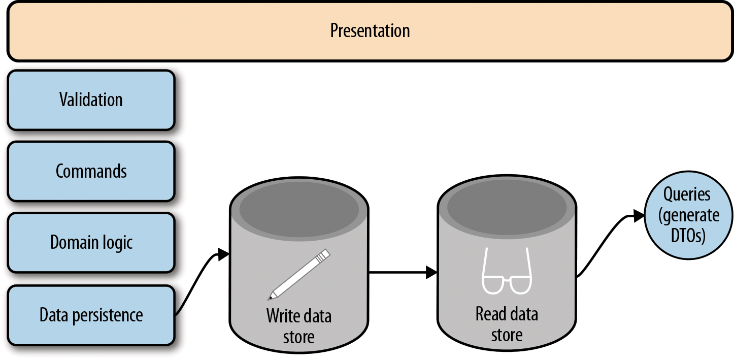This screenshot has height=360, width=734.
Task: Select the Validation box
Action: point(91,100)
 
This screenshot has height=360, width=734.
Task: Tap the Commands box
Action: point(91,171)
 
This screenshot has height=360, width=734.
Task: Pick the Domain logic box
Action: point(91,242)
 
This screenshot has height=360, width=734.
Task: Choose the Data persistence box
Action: point(91,315)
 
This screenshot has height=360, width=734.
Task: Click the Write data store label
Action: point(298,326)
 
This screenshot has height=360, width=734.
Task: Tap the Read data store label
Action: point(507,324)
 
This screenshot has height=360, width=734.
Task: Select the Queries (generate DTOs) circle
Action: point(689,216)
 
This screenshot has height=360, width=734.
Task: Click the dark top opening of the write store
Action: point(298,208)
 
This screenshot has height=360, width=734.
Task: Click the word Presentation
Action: point(370,31)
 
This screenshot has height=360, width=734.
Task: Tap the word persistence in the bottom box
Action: point(109,316)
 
